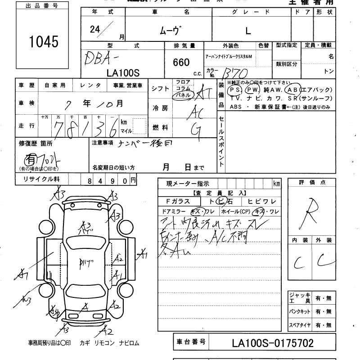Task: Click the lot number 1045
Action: tap(43, 41)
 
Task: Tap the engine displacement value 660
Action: tap(181, 63)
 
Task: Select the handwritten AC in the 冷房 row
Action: tap(197, 110)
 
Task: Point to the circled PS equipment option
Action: tap(234, 90)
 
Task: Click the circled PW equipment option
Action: tap(252, 90)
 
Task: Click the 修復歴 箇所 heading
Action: tap(36, 144)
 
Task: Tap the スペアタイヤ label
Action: tap(299, 325)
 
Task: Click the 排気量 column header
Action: tap(184, 45)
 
